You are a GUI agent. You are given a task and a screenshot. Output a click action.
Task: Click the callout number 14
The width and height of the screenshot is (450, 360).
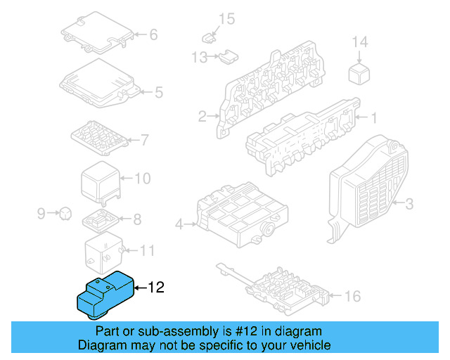point(359,42)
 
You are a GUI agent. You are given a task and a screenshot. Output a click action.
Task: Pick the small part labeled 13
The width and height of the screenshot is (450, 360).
point(228,57)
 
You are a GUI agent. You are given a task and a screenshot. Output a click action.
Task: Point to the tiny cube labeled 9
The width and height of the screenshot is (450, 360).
point(65,212)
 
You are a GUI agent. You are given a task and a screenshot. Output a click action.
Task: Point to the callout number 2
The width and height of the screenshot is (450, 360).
point(202,116)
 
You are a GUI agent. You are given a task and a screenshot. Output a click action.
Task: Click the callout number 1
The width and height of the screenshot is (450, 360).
point(374,117)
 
